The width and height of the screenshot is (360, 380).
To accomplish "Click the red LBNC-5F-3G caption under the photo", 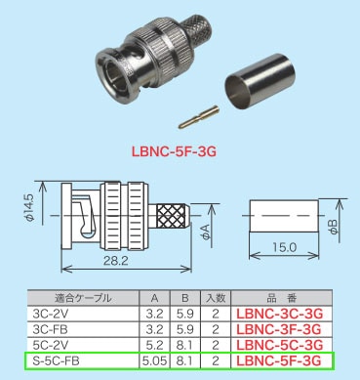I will [179, 151].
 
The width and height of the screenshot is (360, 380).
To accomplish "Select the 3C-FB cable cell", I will [47, 329].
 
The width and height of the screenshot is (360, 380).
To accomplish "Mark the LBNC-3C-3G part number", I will [277, 314].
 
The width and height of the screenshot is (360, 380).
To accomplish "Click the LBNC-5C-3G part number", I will [277, 345].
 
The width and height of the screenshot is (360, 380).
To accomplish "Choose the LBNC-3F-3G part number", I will [277, 329].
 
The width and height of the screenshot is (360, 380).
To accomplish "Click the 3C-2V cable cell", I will [47, 314].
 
